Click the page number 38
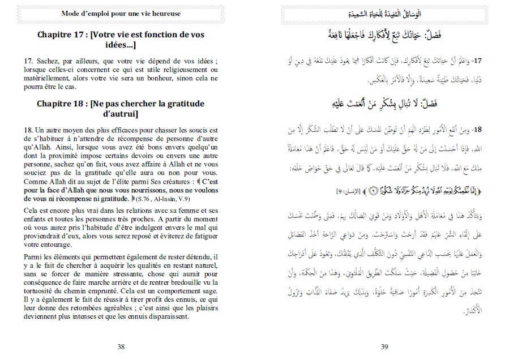coord(121,346)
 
